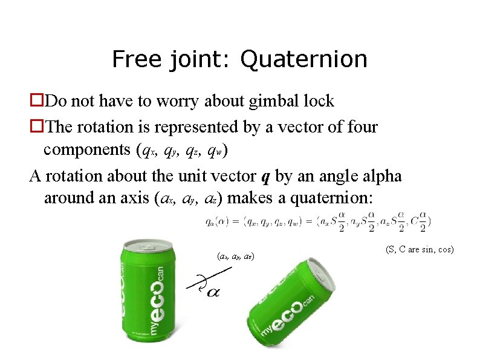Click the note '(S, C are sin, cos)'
pyautogui.click(x=419, y=249)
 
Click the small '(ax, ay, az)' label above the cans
pyautogui.click(x=235, y=257)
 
